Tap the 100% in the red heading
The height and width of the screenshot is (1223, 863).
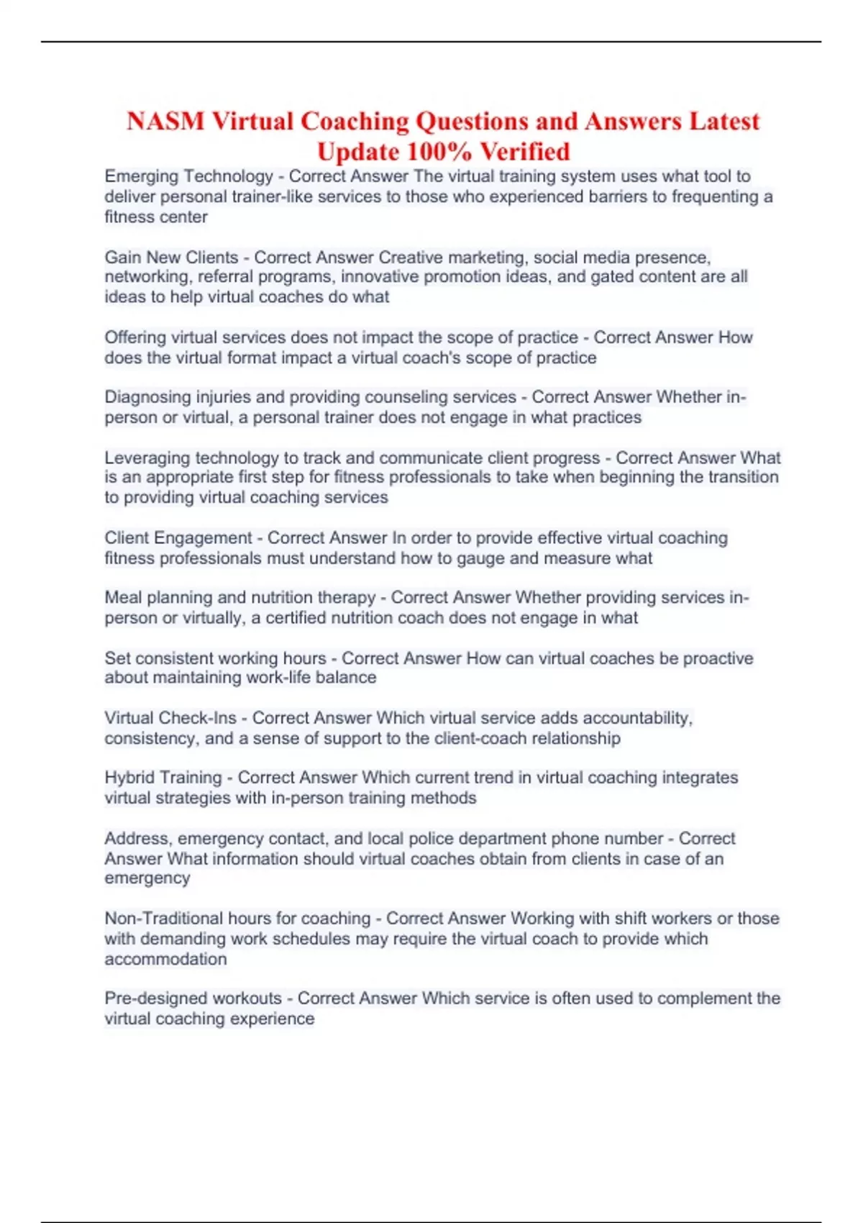(x=439, y=152)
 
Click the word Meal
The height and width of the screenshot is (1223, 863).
(x=123, y=597)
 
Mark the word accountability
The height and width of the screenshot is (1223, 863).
(x=636, y=718)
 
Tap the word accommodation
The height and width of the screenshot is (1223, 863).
(x=165, y=959)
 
